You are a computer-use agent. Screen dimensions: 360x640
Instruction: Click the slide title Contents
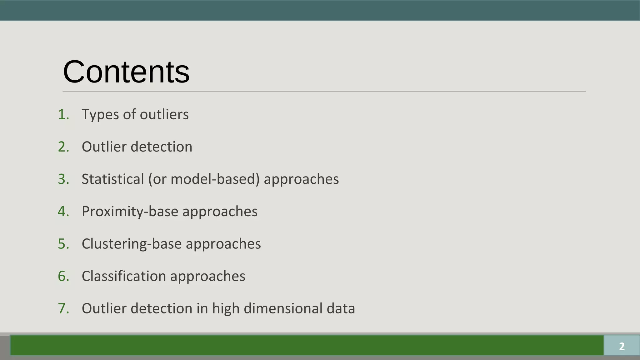tap(126, 72)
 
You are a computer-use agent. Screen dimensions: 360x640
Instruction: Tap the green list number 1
tap(63, 115)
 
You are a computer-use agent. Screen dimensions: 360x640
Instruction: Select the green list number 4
tap(63, 212)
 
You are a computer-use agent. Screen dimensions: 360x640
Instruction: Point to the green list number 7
tap(63, 308)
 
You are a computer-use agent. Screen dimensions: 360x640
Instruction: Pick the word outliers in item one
tap(164, 114)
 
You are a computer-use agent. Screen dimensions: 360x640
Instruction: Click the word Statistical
tap(112, 179)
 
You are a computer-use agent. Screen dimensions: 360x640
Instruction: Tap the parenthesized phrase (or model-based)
tap(204, 179)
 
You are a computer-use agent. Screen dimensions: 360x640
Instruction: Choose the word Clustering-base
tap(131, 244)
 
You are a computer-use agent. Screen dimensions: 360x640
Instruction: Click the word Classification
tap(124, 276)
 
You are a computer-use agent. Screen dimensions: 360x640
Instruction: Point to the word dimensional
tap(283, 308)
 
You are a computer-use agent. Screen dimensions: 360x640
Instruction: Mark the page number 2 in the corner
tap(622, 346)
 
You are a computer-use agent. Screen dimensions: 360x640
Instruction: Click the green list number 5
tap(63, 244)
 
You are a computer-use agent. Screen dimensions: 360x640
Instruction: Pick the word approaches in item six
tap(207, 276)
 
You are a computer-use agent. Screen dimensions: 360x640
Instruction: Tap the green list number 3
tap(63, 179)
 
